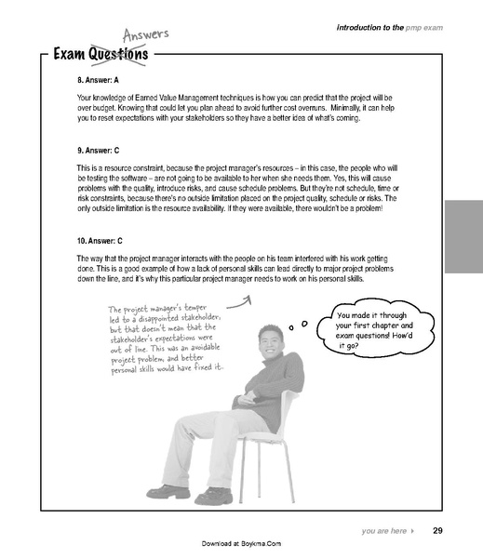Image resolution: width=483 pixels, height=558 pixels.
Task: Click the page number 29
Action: pos(437,531)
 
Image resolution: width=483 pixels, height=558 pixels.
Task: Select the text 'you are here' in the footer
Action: pos(384,532)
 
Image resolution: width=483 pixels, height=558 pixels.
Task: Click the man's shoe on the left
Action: pos(167,490)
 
